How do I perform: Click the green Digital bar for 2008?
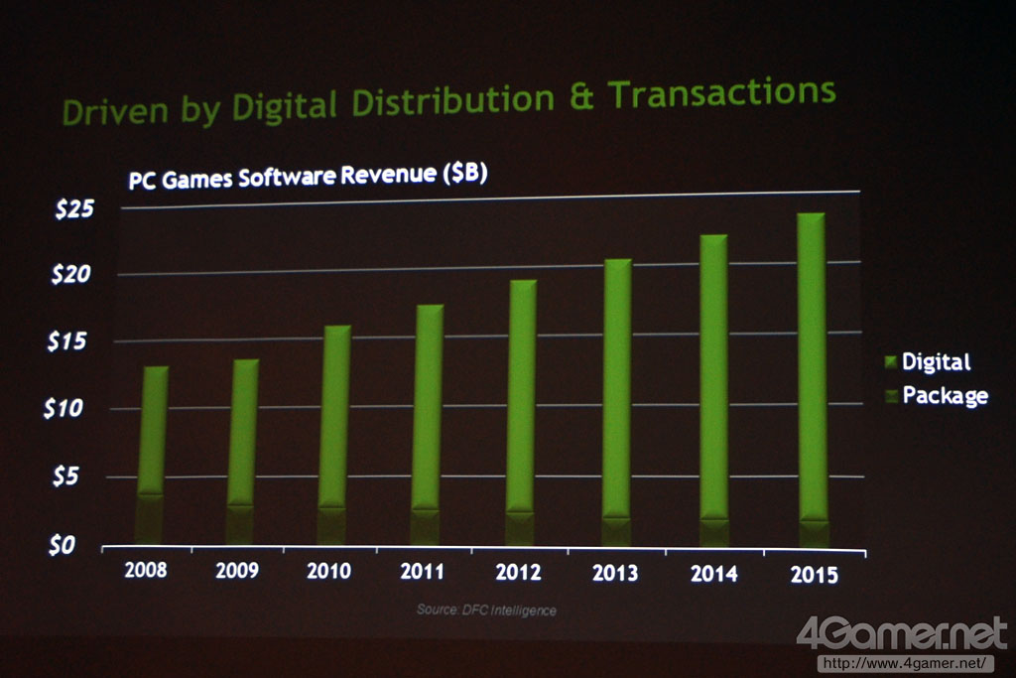(153, 427)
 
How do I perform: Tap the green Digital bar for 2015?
(813, 367)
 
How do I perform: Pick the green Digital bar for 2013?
(617, 387)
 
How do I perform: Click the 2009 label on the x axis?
(237, 570)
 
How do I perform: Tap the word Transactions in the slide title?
(722, 94)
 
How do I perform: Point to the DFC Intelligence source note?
(486, 610)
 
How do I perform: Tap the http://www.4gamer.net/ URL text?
(904, 662)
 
